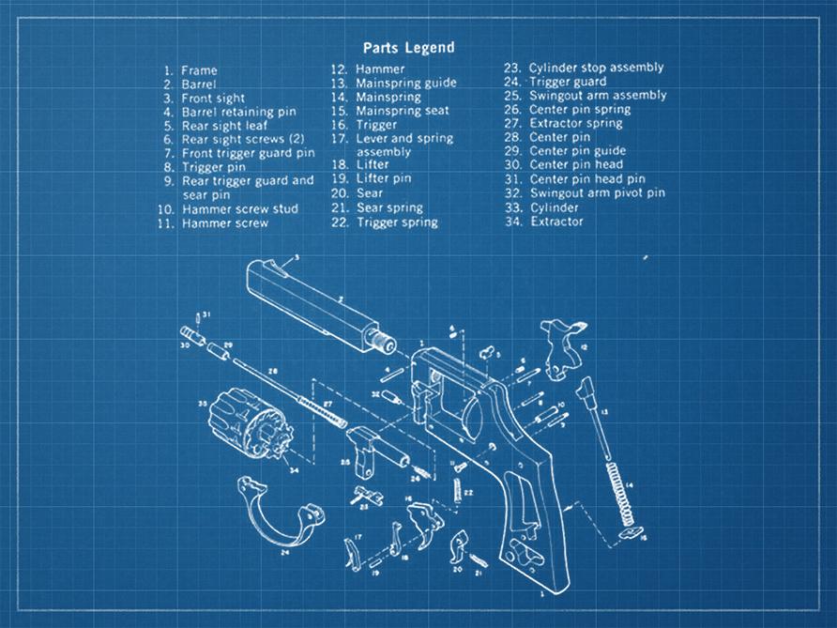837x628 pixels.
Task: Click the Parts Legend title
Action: [408, 48]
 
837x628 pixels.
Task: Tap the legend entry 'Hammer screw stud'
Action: [239, 209]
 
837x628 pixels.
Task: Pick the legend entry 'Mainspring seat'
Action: [402, 111]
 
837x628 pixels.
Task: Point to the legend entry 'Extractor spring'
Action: [575, 123]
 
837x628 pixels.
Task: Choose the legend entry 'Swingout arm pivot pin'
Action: [597, 193]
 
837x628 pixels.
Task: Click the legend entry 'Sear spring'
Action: [388, 208]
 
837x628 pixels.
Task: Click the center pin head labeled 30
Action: [190, 333]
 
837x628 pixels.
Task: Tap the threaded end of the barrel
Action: [380, 340]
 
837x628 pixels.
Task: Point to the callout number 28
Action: [273, 372]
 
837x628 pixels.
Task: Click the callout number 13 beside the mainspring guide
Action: [604, 412]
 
